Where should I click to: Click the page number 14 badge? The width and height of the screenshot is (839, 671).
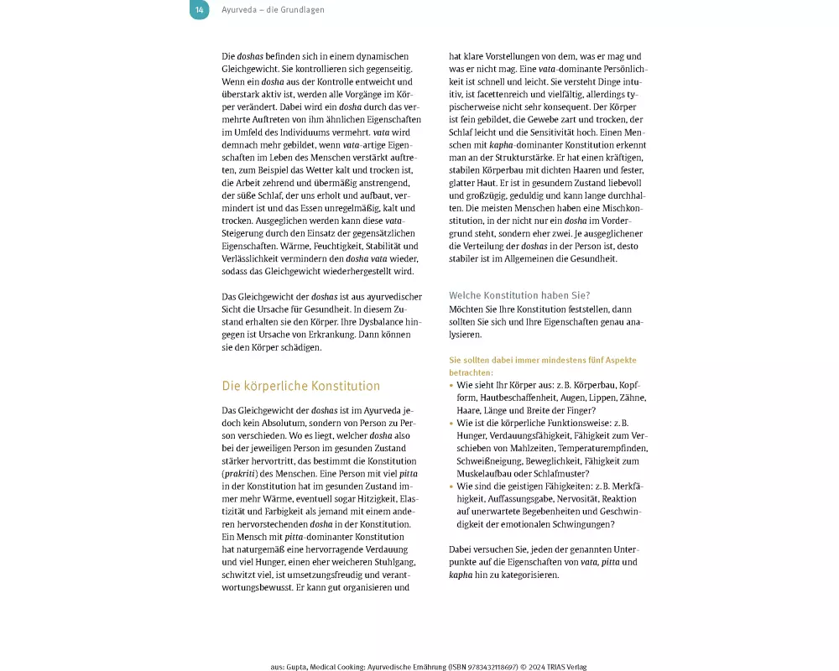click(x=199, y=10)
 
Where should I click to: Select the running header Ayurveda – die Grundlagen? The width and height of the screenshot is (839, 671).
click(x=273, y=10)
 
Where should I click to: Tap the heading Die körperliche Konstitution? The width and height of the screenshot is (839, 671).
click(x=300, y=386)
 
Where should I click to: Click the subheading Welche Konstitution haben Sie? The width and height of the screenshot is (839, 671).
click(x=519, y=295)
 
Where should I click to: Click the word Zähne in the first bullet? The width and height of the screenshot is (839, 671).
click(x=633, y=398)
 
